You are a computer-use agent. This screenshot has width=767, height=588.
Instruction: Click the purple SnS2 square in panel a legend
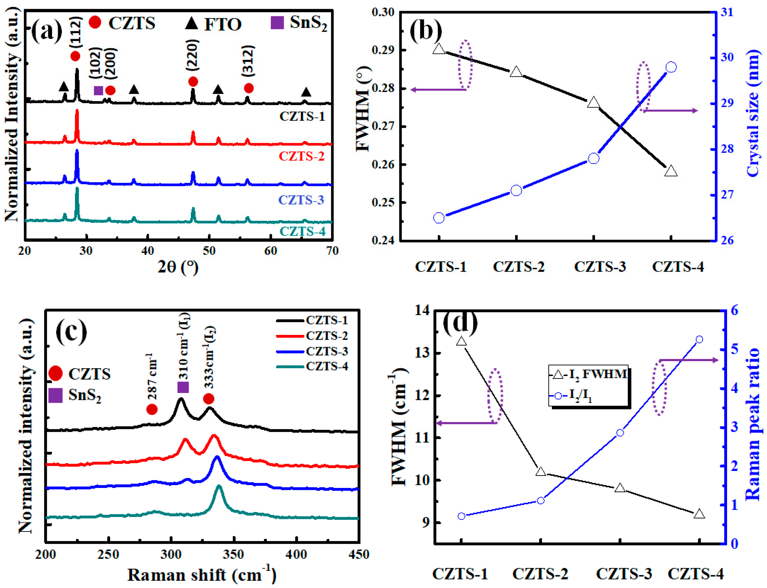(x=277, y=23)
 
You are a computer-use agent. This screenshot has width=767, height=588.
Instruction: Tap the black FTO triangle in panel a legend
(x=191, y=23)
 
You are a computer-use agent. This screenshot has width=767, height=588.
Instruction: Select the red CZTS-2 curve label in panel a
(x=301, y=156)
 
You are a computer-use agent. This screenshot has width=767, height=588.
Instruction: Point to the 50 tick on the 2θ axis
(x=209, y=251)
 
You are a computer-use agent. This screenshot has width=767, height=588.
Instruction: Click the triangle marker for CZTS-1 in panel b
(x=439, y=49)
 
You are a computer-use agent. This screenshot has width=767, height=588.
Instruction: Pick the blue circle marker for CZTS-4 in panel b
(x=671, y=67)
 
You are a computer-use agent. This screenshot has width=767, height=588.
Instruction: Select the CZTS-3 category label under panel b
(x=600, y=267)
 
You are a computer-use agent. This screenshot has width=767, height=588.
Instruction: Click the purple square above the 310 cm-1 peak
(x=183, y=387)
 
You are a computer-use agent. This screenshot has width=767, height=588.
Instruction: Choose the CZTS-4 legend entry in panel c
(x=326, y=367)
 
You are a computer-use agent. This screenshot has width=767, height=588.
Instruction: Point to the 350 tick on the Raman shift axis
(x=234, y=554)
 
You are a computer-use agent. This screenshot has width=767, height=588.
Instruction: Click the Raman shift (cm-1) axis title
(x=201, y=575)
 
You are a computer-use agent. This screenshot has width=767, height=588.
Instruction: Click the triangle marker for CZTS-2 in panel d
(x=541, y=472)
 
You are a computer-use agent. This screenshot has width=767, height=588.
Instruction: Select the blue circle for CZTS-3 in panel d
(x=620, y=433)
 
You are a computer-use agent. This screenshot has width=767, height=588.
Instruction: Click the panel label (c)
(x=71, y=330)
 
